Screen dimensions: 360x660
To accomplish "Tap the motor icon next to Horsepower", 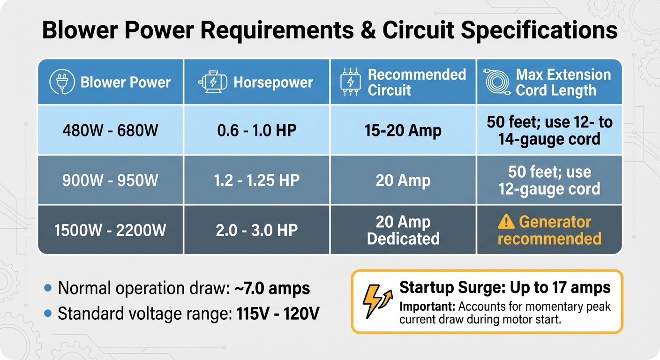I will pyautogui.click(x=213, y=82).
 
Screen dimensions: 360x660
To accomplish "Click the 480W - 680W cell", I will pyautogui.click(x=111, y=130).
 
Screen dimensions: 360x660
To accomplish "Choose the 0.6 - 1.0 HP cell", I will pyautogui.click(x=257, y=130).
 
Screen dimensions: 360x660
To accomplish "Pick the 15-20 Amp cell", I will pyautogui.click(x=403, y=130).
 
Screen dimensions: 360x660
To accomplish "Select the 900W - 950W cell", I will pyautogui.click(x=111, y=180).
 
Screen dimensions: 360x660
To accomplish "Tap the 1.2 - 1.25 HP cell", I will pyautogui.click(x=257, y=180).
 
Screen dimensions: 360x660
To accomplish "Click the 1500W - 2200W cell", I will pyautogui.click(x=111, y=230).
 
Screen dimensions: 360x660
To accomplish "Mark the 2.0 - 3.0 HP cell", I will pyautogui.click(x=257, y=230).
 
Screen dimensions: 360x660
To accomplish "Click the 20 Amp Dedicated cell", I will pyautogui.click(x=403, y=230).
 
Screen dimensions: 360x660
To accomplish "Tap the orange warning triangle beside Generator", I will pyautogui.click(x=506, y=221).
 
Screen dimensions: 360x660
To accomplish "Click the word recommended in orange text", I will pyautogui.click(x=549, y=239).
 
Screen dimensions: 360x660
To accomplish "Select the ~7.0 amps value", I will pyautogui.click(x=272, y=288).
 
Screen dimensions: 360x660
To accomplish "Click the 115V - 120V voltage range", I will pyautogui.click(x=276, y=314).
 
